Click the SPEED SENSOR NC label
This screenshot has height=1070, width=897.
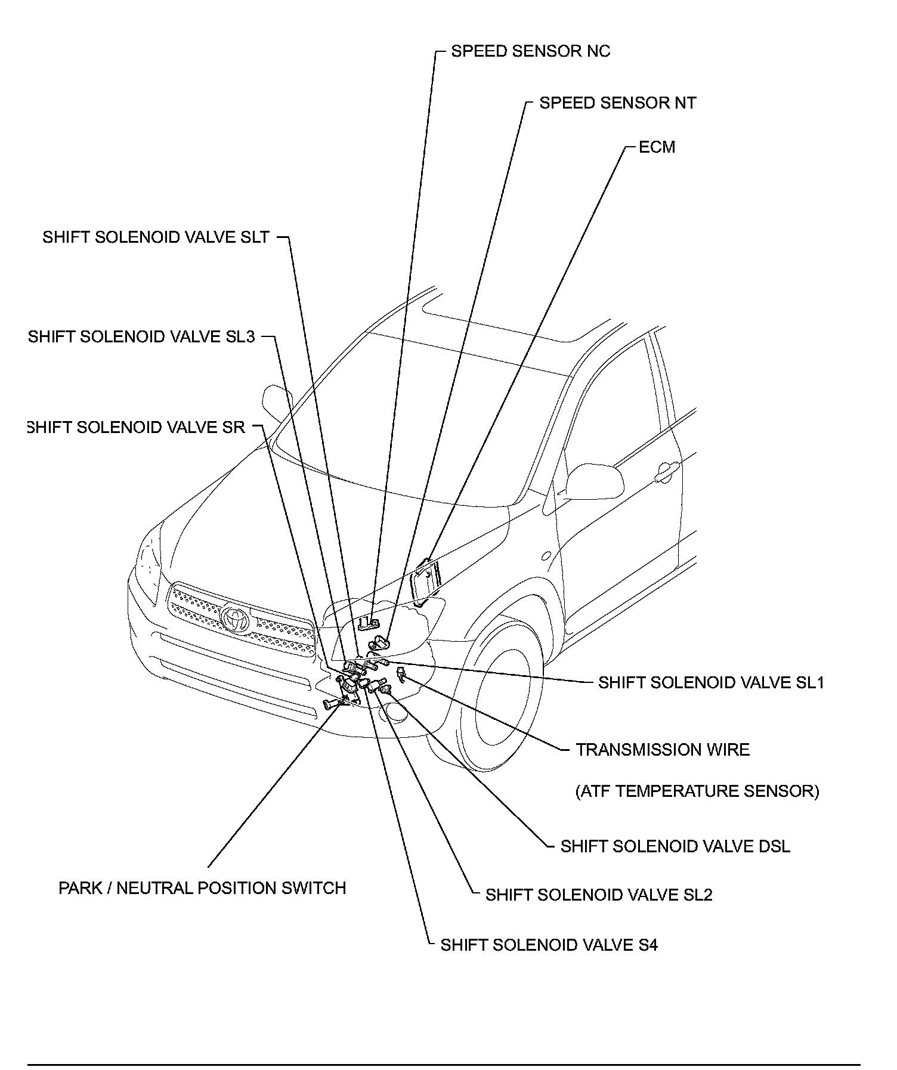pos(530,51)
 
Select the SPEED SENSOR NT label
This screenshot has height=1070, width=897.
pos(617,103)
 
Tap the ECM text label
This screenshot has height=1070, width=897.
pos(657,147)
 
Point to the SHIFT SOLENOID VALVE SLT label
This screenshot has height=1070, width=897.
pos(156,237)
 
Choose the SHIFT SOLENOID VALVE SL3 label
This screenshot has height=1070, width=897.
pos(142,337)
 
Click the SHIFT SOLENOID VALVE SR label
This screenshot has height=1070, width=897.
pos(137,428)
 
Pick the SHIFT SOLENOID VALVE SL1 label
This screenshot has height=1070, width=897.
pos(711,683)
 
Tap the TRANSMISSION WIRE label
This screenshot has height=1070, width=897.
pos(663,750)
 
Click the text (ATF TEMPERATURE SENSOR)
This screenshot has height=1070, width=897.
pos(697,791)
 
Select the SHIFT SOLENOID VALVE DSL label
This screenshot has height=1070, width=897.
pos(675,847)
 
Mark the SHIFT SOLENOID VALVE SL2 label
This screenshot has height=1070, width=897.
pos(599,895)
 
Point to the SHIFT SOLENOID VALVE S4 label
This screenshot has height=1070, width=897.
pos(549,945)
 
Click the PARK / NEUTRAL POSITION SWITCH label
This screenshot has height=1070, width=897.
pos(202,888)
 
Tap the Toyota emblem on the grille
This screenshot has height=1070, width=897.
pos(236,618)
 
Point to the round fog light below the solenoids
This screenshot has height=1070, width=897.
pos(396,712)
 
